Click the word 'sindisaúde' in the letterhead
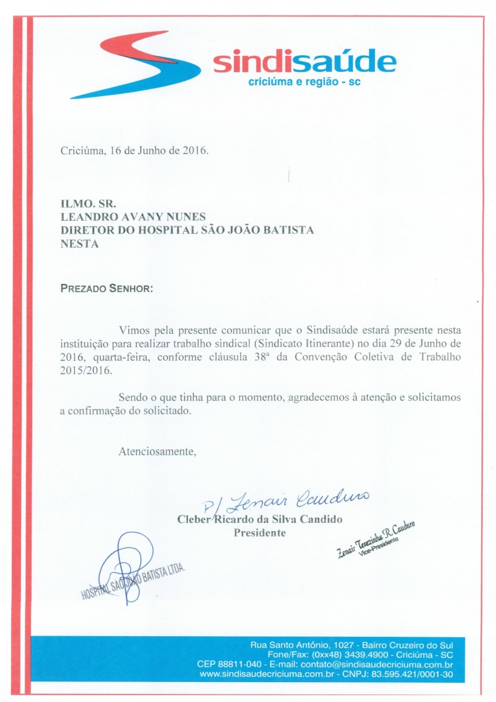(304, 63)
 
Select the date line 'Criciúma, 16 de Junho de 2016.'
(135, 151)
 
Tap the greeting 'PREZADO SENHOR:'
(106, 288)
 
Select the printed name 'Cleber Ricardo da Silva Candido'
(260, 519)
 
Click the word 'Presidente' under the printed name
(260, 533)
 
